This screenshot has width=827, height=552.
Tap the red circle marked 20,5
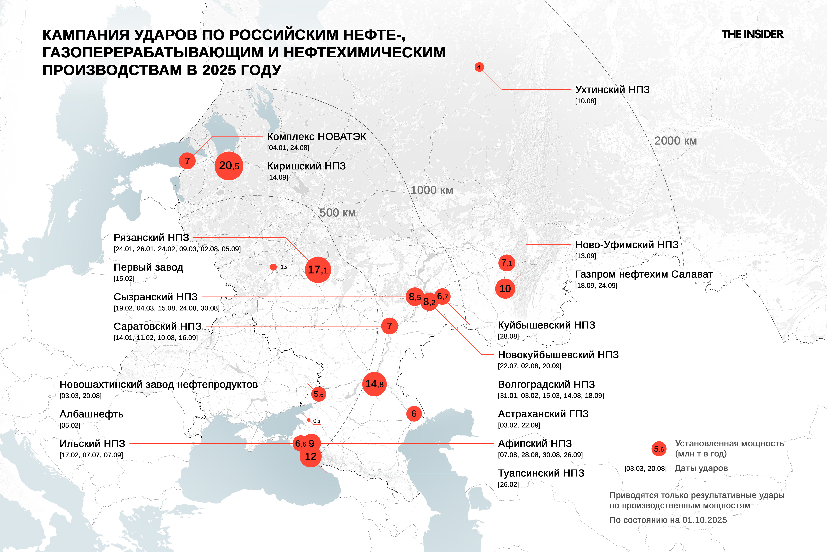[229, 166]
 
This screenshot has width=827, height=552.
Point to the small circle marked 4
[479, 67]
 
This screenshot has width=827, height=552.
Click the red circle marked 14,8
[374, 384]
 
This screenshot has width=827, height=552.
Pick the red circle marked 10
[505, 289]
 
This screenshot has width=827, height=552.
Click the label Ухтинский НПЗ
[612, 90]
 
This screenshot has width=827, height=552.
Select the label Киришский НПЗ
[306, 166]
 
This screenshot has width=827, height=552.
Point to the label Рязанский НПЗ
[151, 238]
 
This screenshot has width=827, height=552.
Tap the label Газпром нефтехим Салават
[644, 274]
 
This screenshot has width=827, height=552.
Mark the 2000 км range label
[675, 141]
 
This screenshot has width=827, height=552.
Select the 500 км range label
[337, 213]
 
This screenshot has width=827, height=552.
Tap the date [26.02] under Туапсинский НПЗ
[508, 484]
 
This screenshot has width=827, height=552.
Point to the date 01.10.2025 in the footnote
[704, 520]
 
